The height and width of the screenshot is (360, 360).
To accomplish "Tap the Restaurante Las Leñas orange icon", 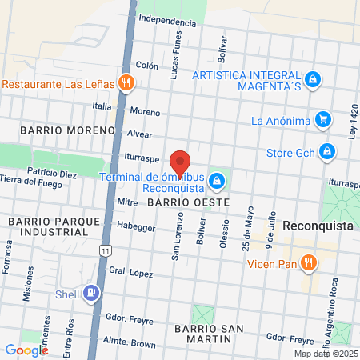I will (x=126, y=82).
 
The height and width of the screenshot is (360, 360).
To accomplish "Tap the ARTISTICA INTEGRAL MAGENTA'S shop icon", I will (x=314, y=80).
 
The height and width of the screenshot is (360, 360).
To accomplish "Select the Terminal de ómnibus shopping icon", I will (x=216, y=181).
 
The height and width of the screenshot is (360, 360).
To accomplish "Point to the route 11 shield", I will (x=105, y=251).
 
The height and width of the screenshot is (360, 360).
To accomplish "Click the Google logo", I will (x=26, y=350).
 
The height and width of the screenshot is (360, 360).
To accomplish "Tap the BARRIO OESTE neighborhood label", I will (x=189, y=203).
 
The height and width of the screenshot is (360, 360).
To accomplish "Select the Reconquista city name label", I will (x=318, y=226).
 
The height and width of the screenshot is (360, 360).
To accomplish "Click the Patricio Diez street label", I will (x=51, y=173).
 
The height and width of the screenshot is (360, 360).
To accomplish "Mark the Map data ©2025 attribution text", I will (x=323, y=353).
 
